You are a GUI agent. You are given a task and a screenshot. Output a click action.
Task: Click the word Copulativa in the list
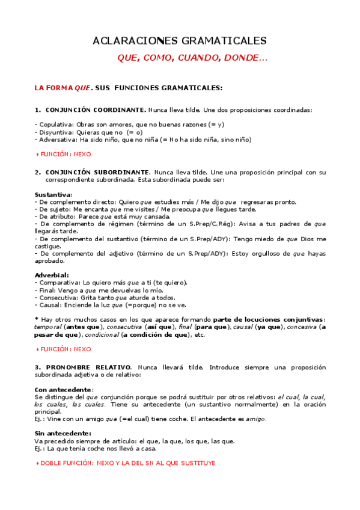[x=53, y=124]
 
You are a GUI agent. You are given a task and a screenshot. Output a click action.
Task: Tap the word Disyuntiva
[x=53, y=132]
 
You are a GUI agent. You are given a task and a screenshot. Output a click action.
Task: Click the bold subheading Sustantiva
[x=53, y=194]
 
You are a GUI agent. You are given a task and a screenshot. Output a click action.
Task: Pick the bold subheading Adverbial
[x=52, y=275]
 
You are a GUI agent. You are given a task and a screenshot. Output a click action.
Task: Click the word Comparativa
[x=58, y=282]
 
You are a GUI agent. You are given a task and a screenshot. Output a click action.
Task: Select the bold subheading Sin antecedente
[x=63, y=433]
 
